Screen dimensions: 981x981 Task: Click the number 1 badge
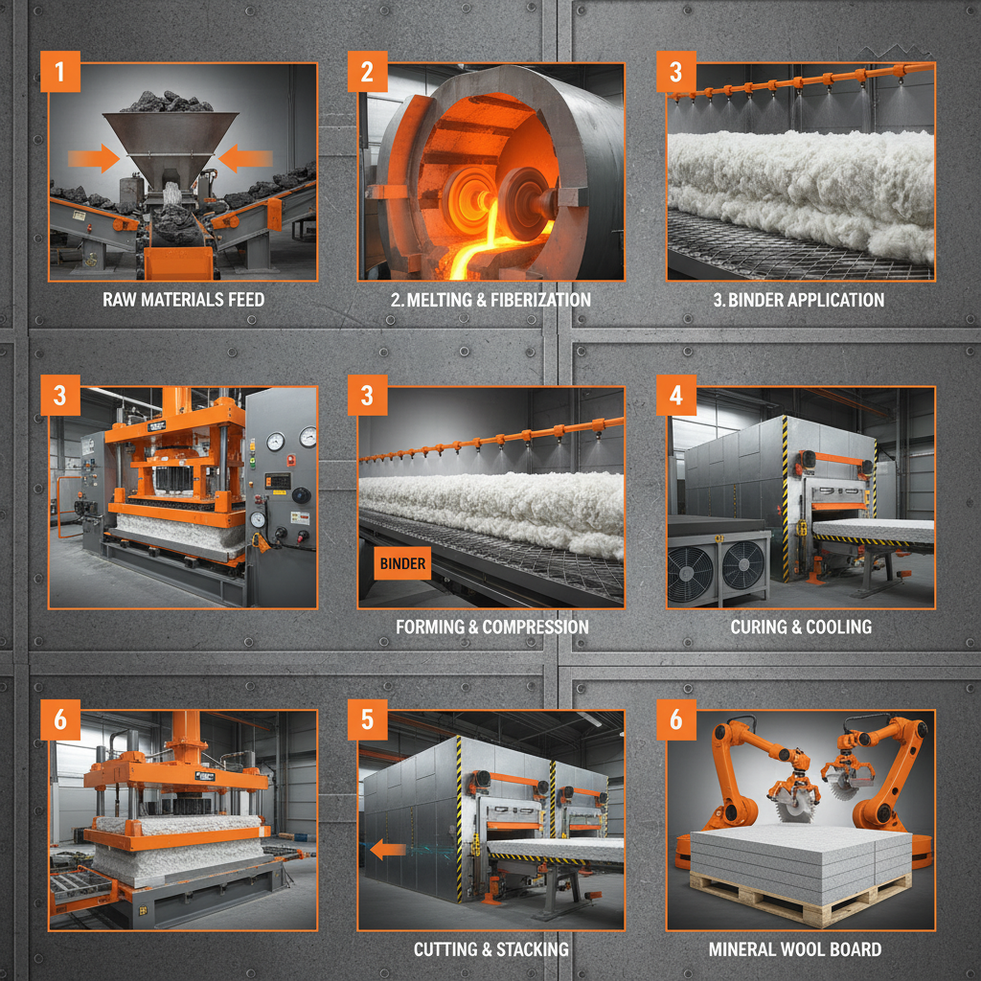point(60,73)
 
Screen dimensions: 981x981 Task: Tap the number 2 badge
point(368,73)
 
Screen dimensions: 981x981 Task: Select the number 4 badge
point(676,397)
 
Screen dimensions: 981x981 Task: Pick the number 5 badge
point(368,720)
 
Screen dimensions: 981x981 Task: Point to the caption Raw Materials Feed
point(183,300)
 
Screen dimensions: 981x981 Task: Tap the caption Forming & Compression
point(491,627)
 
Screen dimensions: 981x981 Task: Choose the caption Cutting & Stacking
point(490,949)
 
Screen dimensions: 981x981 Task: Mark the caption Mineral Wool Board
point(794,949)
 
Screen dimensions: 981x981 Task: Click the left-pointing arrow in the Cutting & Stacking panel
point(387,849)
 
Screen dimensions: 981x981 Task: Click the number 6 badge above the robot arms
point(676,720)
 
